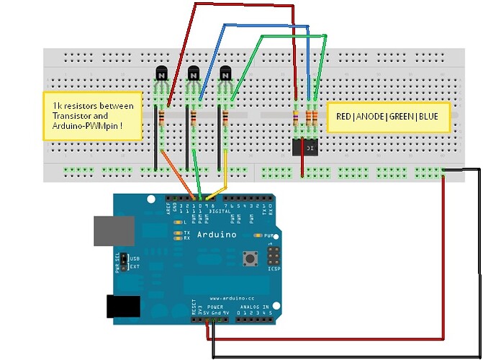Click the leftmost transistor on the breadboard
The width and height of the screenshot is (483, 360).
(x=161, y=73)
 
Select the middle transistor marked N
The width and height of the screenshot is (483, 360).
(x=193, y=73)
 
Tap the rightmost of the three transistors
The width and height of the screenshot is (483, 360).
(x=225, y=73)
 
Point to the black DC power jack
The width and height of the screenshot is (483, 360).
(x=119, y=307)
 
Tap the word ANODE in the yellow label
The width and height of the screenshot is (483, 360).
(x=374, y=115)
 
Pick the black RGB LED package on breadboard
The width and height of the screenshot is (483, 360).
(x=305, y=146)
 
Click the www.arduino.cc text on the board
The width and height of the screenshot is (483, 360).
(x=231, y=297)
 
